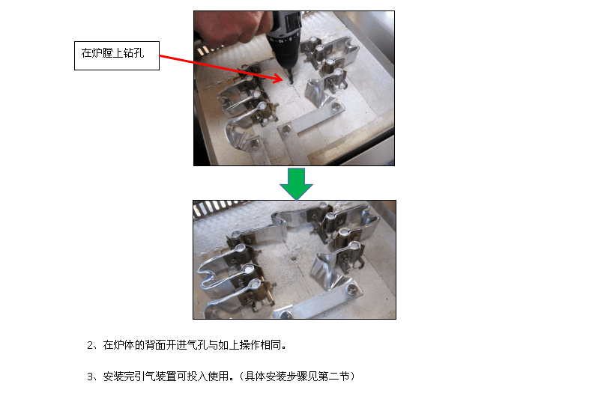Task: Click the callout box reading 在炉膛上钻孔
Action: [117, 55]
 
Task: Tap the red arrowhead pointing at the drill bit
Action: [277, 78]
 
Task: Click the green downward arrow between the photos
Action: [297, 183]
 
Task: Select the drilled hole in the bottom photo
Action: [293, 258]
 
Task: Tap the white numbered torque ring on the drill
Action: [283, 39]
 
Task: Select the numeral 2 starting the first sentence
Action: [90, 345]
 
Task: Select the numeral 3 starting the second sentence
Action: [90, 376]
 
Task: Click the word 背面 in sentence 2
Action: [155, 345]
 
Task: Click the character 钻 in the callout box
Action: [128, 53]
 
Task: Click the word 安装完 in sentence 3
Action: [118, 376]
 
